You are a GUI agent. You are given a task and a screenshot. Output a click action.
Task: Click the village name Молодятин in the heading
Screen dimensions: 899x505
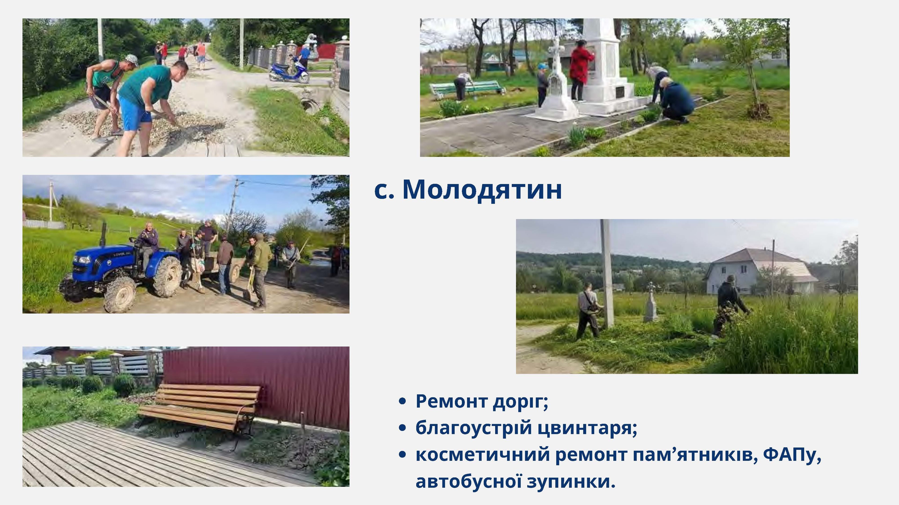482,190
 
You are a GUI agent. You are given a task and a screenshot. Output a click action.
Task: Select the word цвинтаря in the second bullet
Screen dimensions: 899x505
587,428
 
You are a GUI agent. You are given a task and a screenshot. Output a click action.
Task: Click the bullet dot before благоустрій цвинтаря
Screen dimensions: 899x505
402,428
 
